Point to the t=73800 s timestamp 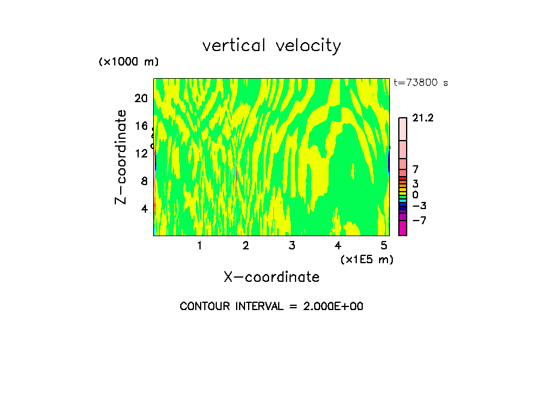420,83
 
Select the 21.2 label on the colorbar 423,118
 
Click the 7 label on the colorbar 415,169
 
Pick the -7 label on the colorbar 419,221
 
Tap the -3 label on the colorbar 419,206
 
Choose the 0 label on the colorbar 415,195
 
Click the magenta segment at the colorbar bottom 402,228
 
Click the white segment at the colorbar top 402,129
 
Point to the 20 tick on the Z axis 141,99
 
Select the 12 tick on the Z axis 141,153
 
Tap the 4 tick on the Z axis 144,209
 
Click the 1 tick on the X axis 199,245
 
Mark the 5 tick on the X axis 384,245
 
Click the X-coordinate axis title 271,277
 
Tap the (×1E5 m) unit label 366,259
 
